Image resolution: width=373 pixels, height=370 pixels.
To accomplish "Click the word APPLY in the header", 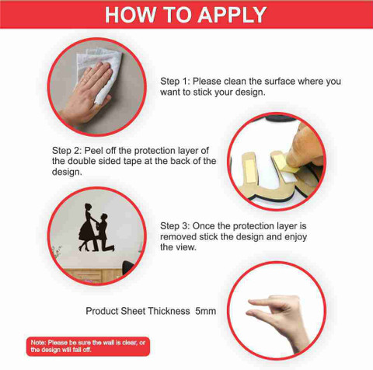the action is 232,15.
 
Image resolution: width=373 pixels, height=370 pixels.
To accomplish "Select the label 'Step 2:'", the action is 67,151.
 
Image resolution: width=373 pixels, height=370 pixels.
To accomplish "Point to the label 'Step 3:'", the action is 176,226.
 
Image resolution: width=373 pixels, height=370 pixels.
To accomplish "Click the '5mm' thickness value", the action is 206,311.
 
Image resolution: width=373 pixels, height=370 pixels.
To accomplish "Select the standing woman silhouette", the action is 87,228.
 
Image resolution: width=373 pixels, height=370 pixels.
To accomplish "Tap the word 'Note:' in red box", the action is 38,343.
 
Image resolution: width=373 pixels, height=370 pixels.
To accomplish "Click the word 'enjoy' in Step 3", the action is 295,237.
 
